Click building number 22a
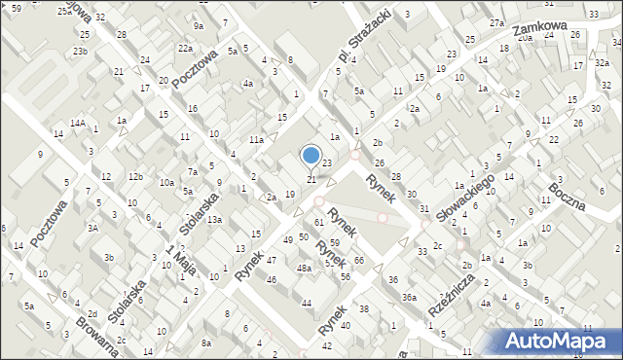185,48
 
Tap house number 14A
77,124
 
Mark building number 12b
135,176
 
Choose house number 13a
213,219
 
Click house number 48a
304,268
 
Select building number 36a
410,298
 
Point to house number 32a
603,62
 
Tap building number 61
318,223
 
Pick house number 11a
255,140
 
